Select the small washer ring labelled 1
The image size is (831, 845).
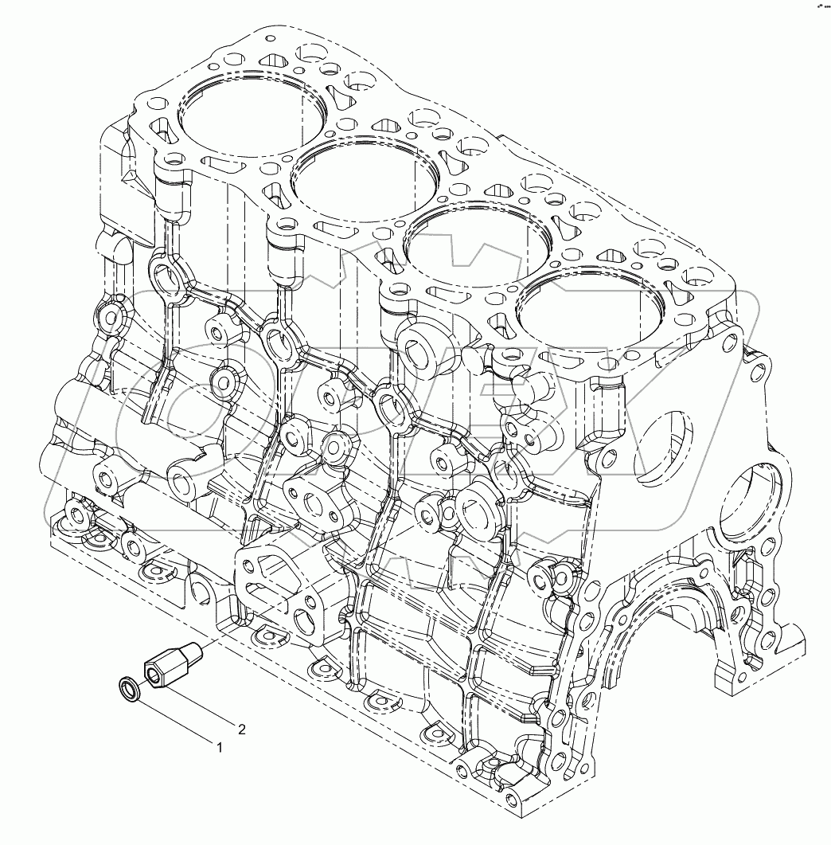(130, 690)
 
